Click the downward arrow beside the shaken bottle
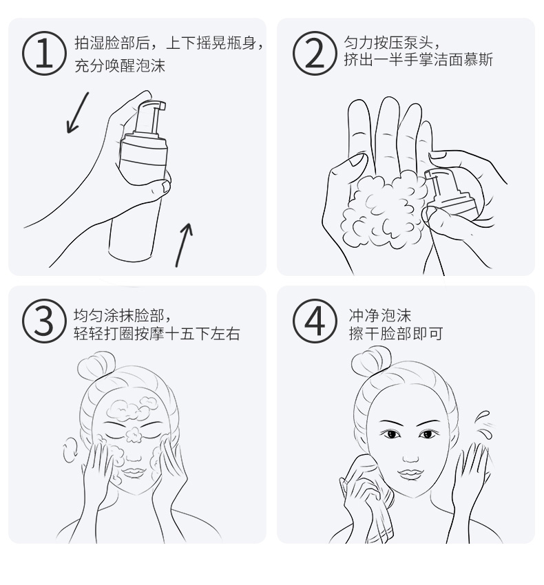pos(78,112)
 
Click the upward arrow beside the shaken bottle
pos(184,245)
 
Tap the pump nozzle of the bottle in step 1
pos(151,116)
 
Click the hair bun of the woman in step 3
pos(96,365)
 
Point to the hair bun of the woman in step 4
pos(371,361)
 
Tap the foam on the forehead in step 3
pos(132,408)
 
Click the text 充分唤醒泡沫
pos(120,65)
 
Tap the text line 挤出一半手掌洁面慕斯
pos(418,59)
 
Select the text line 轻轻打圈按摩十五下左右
pos(156,334)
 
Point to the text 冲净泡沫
pos(379,316)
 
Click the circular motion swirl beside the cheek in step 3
pos(70,449)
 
